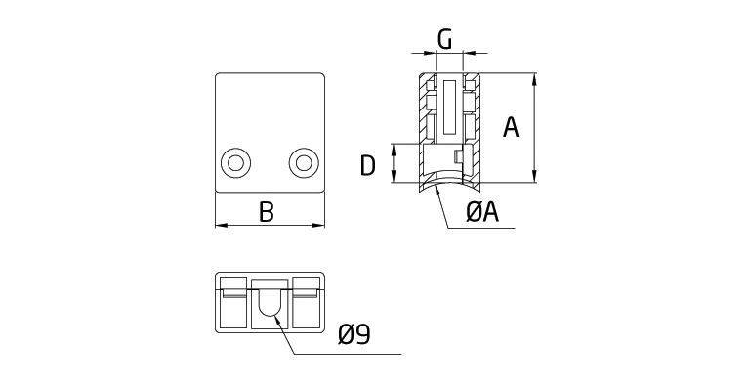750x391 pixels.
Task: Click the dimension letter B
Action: coord(266,211)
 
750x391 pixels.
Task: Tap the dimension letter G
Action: coord(444,40)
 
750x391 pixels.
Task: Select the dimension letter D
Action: coord(367,165)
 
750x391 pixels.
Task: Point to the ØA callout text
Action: coord(482,212)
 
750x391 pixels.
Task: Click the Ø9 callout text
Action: coord(354,335)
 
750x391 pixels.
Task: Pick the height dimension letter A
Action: coord(510,127)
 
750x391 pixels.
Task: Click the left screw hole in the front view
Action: coord(234,162)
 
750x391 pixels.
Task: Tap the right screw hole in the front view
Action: coord(303,162)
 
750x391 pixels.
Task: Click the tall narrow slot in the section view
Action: coord(448,108)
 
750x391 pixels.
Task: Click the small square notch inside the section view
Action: coord(457,156)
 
